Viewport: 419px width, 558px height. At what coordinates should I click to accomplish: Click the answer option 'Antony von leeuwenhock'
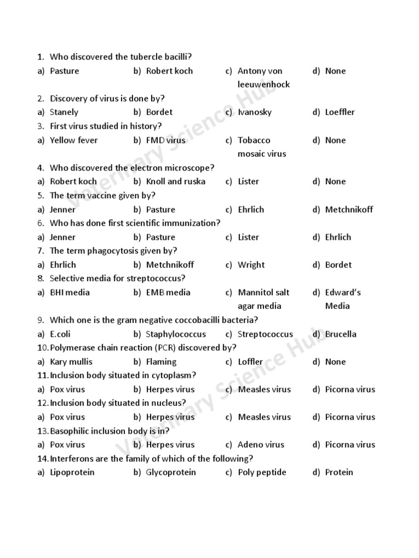pyautogui.click(x=263, y=77)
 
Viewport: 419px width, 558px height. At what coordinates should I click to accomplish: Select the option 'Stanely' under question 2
pyautogui.click(x=64, y=112)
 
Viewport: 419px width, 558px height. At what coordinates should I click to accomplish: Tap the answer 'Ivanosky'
pyautogui.click(x=254, y=112)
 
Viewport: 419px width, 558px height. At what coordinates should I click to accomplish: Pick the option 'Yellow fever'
pyautogui.click(x=74, y=140)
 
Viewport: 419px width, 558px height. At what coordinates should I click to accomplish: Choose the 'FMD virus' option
pyautogui.click(x=165, y=140)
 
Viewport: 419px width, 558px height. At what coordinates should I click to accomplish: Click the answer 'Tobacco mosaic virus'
pyautogui.click(x=261, y=147)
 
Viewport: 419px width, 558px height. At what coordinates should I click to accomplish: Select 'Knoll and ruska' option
pyautogui.click(x=176, y=181)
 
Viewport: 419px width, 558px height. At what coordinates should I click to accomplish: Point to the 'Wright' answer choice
pyautogui.click(x=251, y=265)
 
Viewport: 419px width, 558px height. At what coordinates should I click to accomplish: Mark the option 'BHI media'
pyautogui.click(x=70, y=292)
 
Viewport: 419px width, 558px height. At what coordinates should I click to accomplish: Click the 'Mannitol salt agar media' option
pyautogui.click(x=263, y=299)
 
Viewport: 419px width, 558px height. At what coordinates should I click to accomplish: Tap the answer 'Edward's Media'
pyautogui.click(x=343, y=299)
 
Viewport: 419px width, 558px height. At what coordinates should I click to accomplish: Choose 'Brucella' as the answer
pyautogui.click(x=340, y=334)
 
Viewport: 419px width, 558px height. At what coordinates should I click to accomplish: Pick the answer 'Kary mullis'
pyautogui.click(x=71, y=362)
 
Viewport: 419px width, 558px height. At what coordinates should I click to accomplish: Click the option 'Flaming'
pyautogui.click(x=161, y=362)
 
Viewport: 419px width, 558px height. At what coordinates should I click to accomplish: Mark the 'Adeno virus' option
pyautogui.click(x=261, y=445)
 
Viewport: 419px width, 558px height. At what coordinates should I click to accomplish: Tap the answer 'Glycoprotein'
pyautogui.click(x=171, y=472)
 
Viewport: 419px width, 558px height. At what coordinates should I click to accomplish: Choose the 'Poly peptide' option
pyautogui.click(x=262, y=472)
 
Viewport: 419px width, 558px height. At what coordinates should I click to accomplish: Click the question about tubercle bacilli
pyautogui.click(x=121, y=57)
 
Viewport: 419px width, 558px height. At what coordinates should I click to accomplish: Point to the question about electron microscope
pyautogui.click(x=132, y=168)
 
